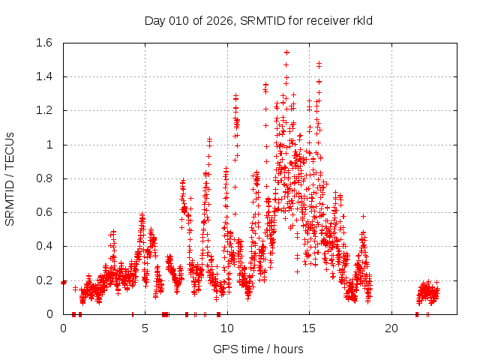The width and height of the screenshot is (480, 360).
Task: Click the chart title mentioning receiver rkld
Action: (258, 20)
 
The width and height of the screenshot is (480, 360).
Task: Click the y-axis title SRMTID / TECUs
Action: (10, 178)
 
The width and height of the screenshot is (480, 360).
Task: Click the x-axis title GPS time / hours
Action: (258, 349)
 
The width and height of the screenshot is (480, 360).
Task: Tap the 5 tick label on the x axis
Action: (145, 328)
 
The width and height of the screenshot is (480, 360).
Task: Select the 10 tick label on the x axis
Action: (227, 328)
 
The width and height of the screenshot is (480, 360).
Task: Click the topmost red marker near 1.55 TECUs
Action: (286, 52)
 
